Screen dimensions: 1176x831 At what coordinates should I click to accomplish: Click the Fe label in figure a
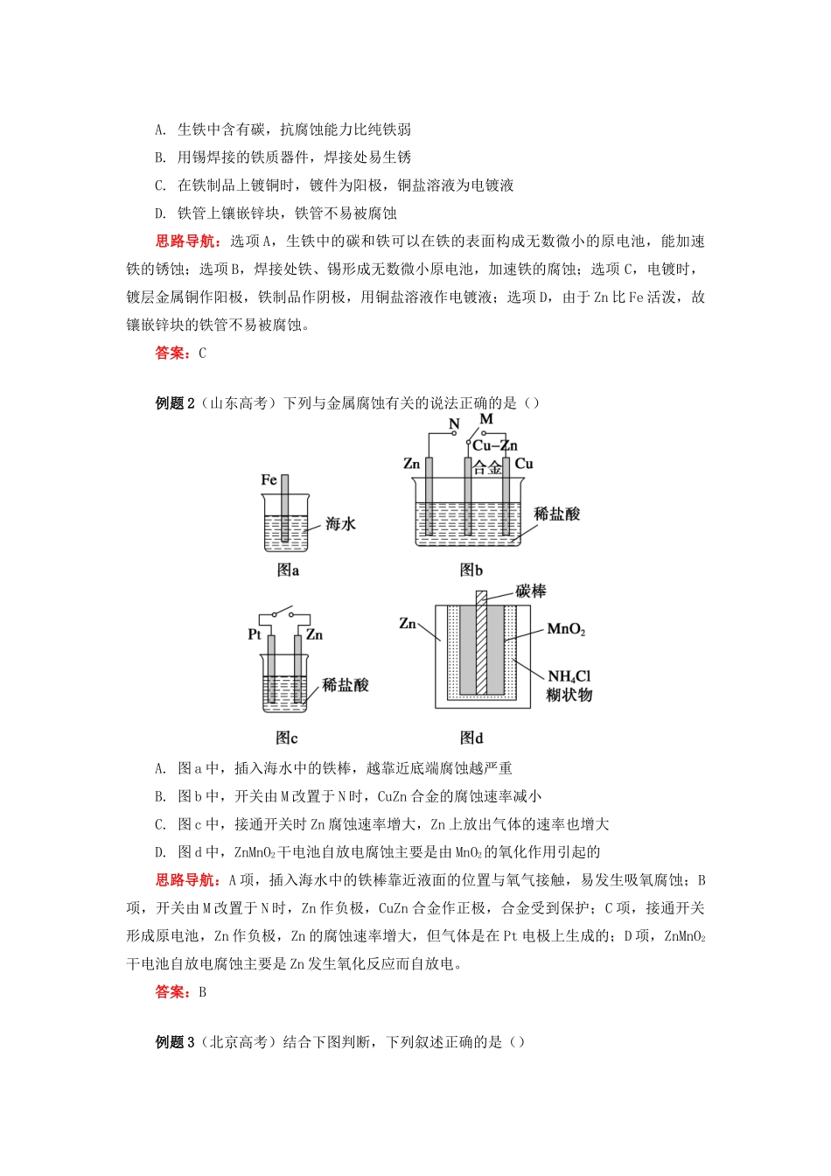(x=269, y=479)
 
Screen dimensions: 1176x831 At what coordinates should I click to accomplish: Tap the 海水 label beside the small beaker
(x=340, y=524)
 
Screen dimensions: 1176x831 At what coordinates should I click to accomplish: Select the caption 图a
(x=288, y=570)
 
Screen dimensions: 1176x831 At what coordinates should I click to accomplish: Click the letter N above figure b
(x=454, y=424)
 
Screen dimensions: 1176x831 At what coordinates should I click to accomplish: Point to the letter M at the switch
(x=486, y=419)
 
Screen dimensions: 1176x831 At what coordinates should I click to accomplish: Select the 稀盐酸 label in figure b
(x=557, y=514)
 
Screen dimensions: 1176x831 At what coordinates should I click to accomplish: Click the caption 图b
(x=471, y=570)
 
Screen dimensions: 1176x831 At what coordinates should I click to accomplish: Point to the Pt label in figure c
(x=255, y=634)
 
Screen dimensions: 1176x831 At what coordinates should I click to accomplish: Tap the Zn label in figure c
(x=314, y=634)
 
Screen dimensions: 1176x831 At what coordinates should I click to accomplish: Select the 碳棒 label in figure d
(x=530, y=591)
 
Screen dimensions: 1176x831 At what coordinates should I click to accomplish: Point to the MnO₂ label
(x=566, y=629)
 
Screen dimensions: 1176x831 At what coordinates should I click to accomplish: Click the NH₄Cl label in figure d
(x=569, y=676)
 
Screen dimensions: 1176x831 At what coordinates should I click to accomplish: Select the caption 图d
(x=471, y=738)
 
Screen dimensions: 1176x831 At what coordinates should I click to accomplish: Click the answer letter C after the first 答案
(x=202, y=353)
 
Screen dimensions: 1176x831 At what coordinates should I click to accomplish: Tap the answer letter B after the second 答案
(x=202, y=992)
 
